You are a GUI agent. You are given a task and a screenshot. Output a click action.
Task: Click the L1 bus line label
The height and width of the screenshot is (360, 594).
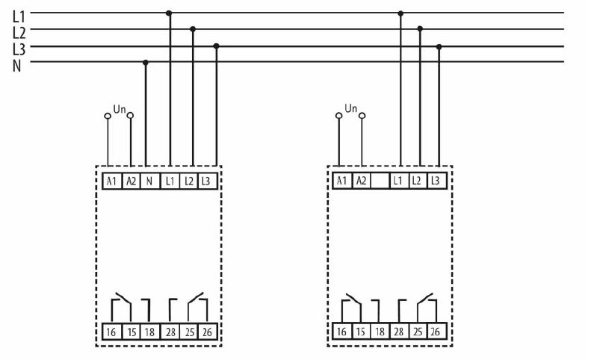coord(19,16)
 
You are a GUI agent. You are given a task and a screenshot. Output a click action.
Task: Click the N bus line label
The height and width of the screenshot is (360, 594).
coord(16,66)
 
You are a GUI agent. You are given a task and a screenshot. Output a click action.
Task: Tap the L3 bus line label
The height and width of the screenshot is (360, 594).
coord(19,49)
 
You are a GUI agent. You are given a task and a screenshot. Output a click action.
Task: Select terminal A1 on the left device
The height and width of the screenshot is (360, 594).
coord(111,181)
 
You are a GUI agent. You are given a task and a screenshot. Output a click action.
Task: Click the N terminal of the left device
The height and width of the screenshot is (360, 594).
coord(149,181)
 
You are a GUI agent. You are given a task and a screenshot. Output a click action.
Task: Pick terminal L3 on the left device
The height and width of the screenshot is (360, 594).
coord(206,181)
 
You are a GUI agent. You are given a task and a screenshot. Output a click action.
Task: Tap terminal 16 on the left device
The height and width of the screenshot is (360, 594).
coord(111,332)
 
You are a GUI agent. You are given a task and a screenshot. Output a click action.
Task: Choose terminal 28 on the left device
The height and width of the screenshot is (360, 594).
coord(170,332)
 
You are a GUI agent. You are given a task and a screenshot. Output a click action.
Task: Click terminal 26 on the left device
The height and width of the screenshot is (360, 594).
coord(207,332)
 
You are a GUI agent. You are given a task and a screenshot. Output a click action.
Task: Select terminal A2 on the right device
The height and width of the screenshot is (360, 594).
coord(362,181)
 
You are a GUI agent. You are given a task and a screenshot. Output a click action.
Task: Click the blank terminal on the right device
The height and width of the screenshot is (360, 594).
coord(380,181)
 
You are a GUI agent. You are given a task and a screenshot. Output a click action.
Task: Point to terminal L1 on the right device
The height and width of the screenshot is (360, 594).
coord(398,181)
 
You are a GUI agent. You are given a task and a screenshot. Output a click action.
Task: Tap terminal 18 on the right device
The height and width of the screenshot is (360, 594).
coord(380,332)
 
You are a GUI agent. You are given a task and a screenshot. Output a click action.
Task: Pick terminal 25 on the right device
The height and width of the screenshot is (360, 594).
coord(418,332)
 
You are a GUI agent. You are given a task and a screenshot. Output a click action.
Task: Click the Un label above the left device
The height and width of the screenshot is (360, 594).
coord(120,109)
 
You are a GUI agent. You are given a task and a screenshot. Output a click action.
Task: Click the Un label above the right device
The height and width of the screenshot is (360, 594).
coord(350,108)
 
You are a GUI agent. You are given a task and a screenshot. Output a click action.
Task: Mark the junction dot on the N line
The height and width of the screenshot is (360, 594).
coord(146,63)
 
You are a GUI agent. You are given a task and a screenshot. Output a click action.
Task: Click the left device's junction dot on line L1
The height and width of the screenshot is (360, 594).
coord(169,13)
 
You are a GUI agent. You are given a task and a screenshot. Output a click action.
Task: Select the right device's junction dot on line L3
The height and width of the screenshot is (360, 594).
coord(439,47)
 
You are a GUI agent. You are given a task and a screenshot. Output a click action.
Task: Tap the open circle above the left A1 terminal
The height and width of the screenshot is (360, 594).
coord(108,116)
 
